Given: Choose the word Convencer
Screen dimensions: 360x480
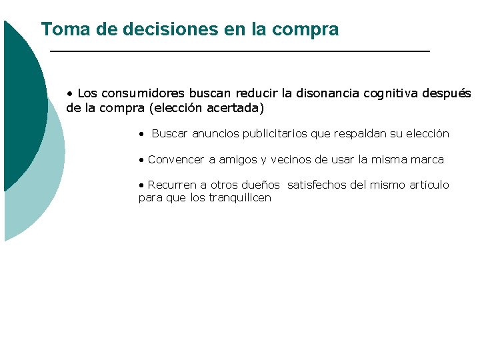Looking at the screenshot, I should [x=177, y=160].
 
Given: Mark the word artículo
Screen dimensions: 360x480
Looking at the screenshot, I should [x=427, y=185].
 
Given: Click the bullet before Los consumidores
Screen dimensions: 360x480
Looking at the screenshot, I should [x=69, y=93].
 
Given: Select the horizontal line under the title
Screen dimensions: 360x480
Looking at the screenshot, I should [x=240, y=51].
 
